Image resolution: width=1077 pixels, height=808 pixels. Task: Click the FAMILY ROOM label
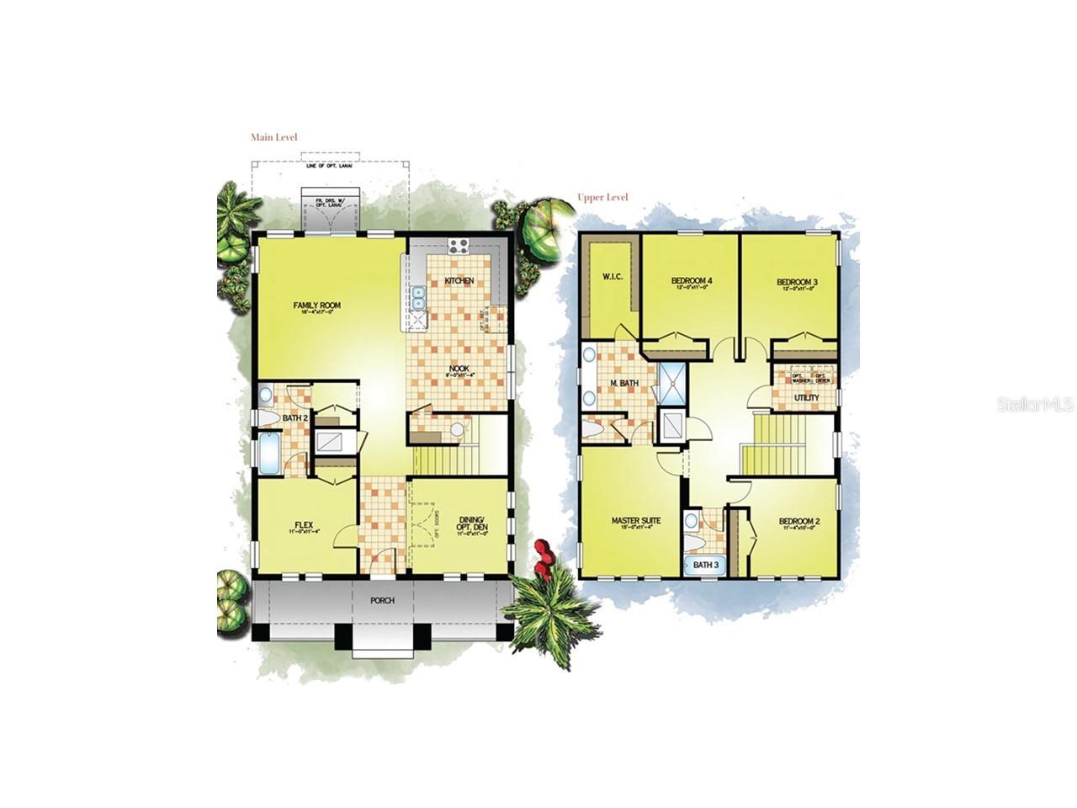tap(316, 306)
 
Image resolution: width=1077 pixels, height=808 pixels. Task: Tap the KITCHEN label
tap(459, 280)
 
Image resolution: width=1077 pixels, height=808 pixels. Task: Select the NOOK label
tap(459, 368)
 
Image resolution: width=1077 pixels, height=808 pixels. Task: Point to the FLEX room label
tap(304, 525)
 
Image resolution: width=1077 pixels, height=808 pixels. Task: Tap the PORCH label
tap(382, 601)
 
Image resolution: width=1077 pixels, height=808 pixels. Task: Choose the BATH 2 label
tap(293, 418)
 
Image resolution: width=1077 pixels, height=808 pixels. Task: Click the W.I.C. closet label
tap(612, 276)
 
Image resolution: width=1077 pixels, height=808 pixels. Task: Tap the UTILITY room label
tap(806, 397)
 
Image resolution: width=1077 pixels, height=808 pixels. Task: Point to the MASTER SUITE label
tap(635, 521)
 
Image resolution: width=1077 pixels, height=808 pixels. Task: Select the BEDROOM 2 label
tap(799, 521)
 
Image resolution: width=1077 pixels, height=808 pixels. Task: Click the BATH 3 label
tap(705, 566)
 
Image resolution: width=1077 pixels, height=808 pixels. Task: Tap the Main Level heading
tap(274, 137)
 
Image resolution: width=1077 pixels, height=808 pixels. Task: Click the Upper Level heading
tap(602, 198)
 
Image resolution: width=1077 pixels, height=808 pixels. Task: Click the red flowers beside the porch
tap(544, 558)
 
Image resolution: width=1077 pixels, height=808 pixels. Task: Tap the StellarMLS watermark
tap(1035, 405)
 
